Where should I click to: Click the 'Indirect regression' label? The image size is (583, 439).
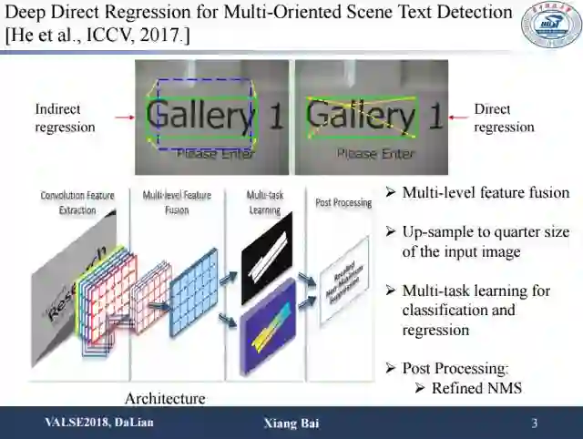click(x=65, y=118)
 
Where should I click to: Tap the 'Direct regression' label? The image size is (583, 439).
click(x=504, y=118)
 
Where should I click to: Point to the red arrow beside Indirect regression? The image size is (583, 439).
click(x=124, y=117)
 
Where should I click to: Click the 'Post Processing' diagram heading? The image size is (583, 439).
click(x=343, y=202)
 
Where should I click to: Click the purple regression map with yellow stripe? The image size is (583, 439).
click(x=267, y=328)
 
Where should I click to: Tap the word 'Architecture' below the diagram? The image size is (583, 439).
click(x=165, y=398)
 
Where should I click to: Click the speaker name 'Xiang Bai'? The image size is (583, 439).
click(x=291, y=424)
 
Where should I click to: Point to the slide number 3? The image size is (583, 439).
click(x=535, y=424)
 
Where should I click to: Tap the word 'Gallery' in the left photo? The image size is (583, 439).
click(x=199, y=116)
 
